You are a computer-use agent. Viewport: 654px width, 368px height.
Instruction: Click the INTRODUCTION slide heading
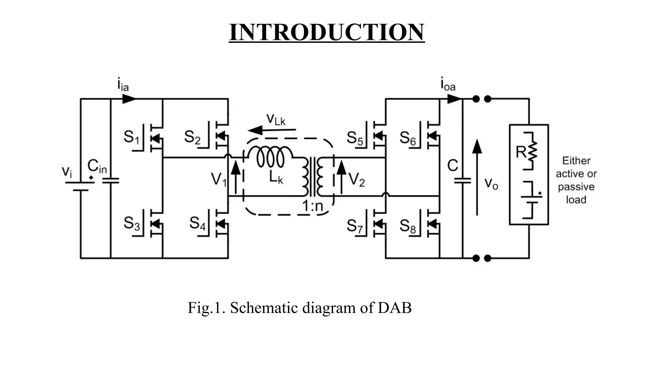[x=327, y=32]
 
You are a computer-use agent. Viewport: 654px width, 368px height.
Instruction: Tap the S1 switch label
[x=131, y=137]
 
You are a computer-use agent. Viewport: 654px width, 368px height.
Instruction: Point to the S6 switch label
[x=408, y=138]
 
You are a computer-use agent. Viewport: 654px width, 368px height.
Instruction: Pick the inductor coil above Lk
[x=270, y=156]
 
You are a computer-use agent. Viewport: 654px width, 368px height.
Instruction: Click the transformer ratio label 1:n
[x=313, y=206]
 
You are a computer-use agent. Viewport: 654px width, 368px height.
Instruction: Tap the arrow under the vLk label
[x=271, y=130]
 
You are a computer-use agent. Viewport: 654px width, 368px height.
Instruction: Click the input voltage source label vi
[x=67, y=172]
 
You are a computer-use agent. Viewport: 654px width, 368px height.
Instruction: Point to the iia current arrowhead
[x=129, y=99]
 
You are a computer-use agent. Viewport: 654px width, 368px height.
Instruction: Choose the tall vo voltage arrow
[x=477, y=177]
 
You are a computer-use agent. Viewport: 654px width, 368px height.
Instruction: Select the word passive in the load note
[x=576, y=187]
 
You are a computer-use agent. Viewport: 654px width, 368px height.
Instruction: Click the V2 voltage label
[x=356, y=179]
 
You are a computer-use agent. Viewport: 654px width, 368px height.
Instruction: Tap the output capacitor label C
[x=452, y=166]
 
